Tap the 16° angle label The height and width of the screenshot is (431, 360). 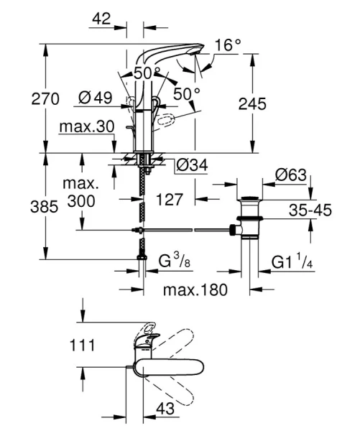(x=227, y=46)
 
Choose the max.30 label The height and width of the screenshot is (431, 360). (x=87, y=128)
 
